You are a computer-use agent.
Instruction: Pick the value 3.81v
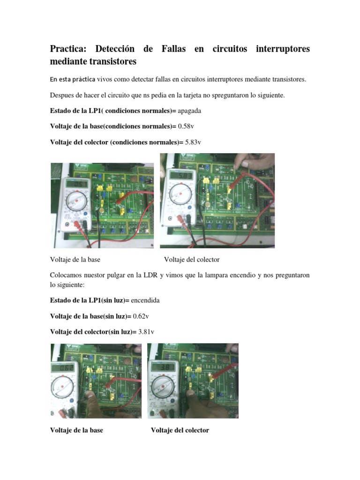(x=146, y=331)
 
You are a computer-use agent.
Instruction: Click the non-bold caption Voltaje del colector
(x=192, y=259)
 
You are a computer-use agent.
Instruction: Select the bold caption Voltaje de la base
(x=76, y=430)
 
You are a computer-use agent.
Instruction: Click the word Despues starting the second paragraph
(x=62, y=95)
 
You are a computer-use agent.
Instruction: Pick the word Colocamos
(x=67, y=275)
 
